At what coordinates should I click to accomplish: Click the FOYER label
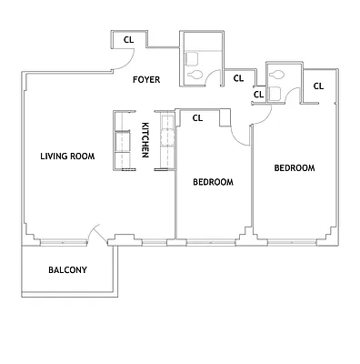coord(145,80)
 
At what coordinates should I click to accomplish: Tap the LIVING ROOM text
coord(67,156)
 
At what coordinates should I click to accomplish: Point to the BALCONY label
coord(67,269)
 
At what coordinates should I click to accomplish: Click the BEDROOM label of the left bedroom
coord(213,182)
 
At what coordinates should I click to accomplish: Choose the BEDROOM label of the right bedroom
coord(294,168)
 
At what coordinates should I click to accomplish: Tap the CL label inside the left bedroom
coord(197,117)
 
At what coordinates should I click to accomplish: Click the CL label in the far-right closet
coord(318,86)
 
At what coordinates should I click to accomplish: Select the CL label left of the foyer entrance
coord(128,39)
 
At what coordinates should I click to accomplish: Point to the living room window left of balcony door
coord(62,242)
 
